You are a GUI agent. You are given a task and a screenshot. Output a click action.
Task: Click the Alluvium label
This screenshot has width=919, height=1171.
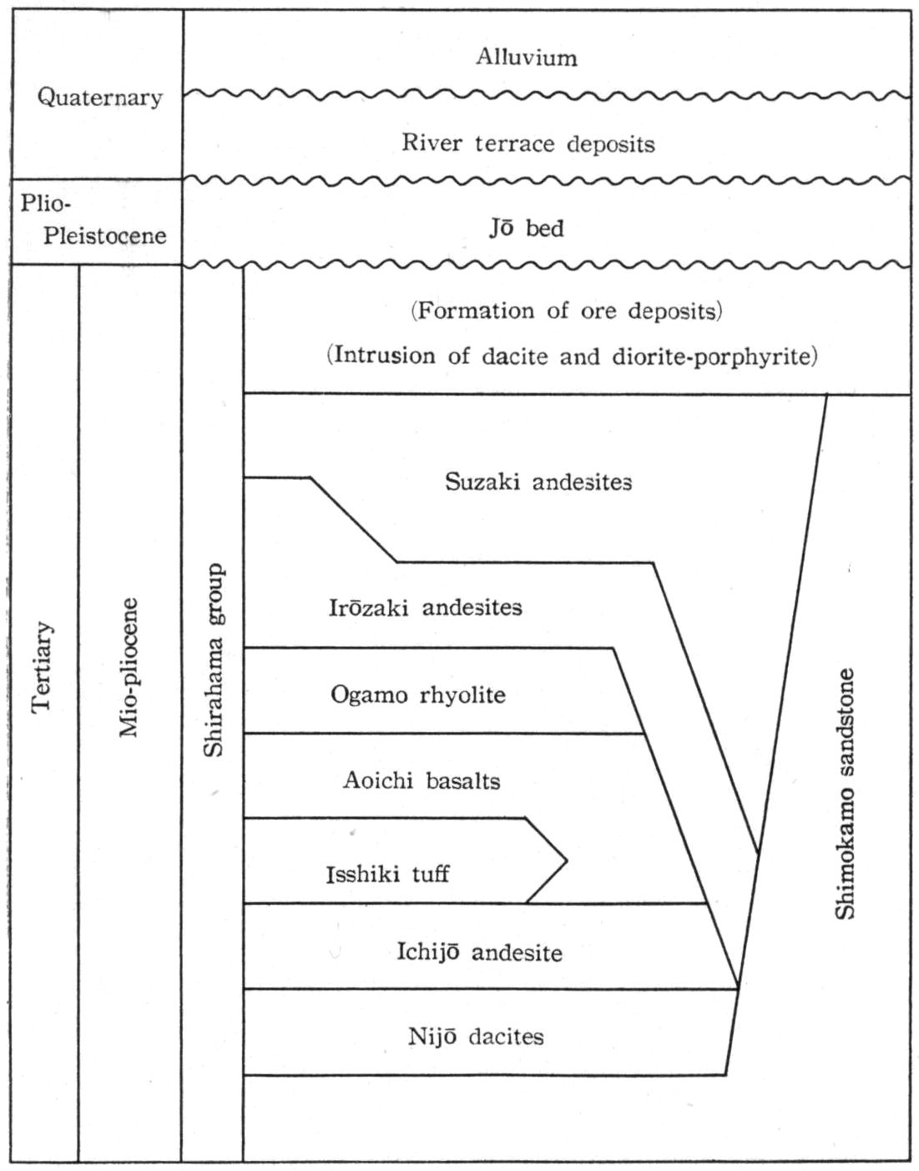pyautogui.click(x=527, y=57)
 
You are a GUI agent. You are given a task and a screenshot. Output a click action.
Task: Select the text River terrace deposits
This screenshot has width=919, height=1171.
pyautogui.click(x=528, y=144)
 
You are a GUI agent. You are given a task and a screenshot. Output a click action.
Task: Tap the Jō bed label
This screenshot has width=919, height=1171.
pyautogui.click(x=527, y=228)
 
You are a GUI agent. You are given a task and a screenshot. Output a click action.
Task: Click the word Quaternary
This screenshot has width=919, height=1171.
pyautogui.click(x=99, y=98)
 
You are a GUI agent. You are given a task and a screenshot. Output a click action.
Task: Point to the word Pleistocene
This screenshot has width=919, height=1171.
pyautogui.click(x=105, y=235)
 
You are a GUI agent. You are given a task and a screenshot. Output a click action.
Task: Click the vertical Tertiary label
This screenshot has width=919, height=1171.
pyautogui.click(x=42, y=667)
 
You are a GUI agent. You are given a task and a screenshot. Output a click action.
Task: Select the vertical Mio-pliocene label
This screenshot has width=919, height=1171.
pyautogui.click(x=129, y=667)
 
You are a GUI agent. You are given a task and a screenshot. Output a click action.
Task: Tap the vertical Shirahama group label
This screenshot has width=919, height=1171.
pyautogui.click(x=214, y=660)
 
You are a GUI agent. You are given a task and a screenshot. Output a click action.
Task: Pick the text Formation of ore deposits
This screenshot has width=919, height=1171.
pyautogui.click(x=567, y=311)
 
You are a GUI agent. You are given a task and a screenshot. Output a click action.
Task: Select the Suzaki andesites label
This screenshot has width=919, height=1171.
pyautogui.click(x=538, y=482)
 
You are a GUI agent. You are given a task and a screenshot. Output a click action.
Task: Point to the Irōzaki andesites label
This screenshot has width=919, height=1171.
pyautogui.click(x=426, y=608)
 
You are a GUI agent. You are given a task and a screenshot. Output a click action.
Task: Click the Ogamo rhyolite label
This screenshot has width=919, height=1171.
pyautogui.click(x=418, y=694)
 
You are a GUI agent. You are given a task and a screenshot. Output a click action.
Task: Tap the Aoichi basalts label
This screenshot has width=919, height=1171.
pyautogui.click(x=422, y=780)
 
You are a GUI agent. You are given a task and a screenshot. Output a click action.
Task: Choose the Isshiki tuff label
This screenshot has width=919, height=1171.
pyautogui.click(x=387, y=874)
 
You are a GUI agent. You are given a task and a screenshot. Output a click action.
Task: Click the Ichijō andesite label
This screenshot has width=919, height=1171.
pyautogui.click(x=479, y=952)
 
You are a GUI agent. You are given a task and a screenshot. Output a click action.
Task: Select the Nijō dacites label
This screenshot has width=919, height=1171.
pyautogui.click(x=477, y=1037)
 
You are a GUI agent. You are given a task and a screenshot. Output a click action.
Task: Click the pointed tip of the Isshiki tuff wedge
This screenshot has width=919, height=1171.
pyautogui.click(x=568, y=861)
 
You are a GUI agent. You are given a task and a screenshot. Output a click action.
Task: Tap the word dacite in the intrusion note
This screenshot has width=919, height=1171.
pyautogui.click(x=515, y=356)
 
